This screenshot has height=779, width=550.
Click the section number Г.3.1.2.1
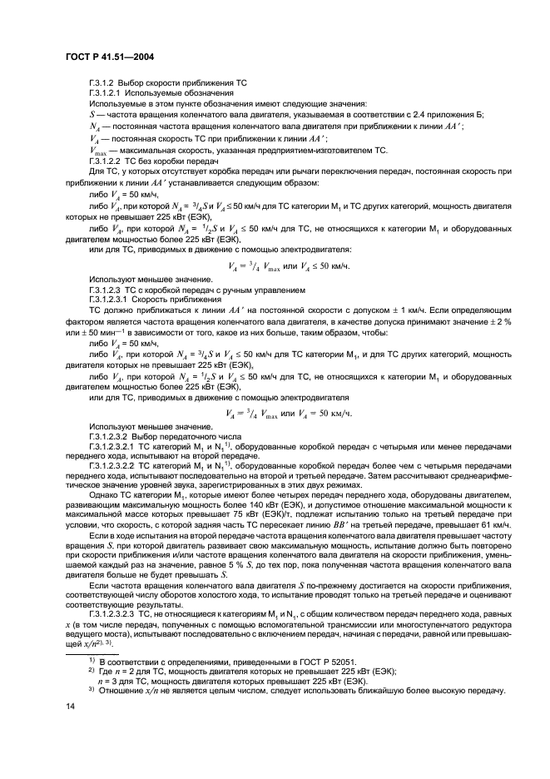tap(107, 94)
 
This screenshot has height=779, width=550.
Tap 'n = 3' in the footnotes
tap(110, 679)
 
